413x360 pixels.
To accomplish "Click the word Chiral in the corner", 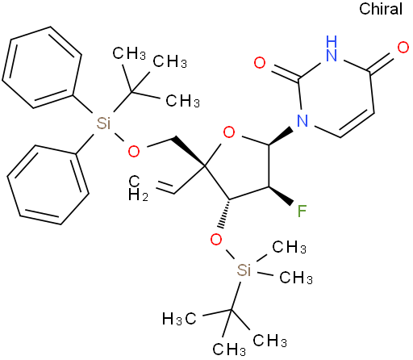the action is coord(381,9).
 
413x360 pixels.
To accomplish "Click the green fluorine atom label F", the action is coord(302,211).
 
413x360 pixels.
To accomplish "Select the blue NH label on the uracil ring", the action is coord(332,48).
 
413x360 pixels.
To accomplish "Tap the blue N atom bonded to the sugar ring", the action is coord(302,120).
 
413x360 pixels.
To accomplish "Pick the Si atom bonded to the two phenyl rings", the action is coord(103,123).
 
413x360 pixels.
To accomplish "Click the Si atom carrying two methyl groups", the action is coord(244,270).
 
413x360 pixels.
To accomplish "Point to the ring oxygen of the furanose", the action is coord(229,132).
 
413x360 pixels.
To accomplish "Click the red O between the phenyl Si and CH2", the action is coord(134,151).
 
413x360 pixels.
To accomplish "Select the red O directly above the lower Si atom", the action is coord(216,239).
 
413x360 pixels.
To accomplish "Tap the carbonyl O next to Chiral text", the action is coord(403,48).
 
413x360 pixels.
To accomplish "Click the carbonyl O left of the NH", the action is coord(260,63).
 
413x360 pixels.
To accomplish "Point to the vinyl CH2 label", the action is coord(138,188).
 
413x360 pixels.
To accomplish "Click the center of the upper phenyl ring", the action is coord(42,67).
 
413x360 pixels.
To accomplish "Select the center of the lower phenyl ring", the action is coord(48,185).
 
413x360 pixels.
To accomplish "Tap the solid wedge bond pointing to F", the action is coord(281,195).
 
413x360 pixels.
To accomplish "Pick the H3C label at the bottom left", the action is coord(179,319).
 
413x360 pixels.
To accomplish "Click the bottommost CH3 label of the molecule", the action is coord(229,350).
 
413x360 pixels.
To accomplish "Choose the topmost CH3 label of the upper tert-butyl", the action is coord(129,53).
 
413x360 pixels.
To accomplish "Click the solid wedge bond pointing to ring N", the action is coord(281,137).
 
